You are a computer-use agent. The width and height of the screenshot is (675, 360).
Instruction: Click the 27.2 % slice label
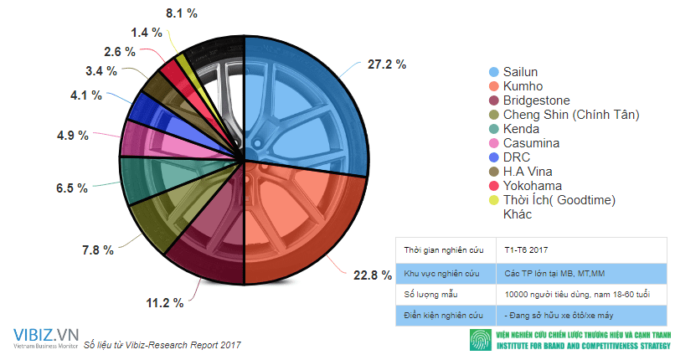coord(386,64)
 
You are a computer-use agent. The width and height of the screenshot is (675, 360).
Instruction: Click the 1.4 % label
coord(147,33)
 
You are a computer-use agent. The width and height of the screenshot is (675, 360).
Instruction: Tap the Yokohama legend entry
coord(531,186)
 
